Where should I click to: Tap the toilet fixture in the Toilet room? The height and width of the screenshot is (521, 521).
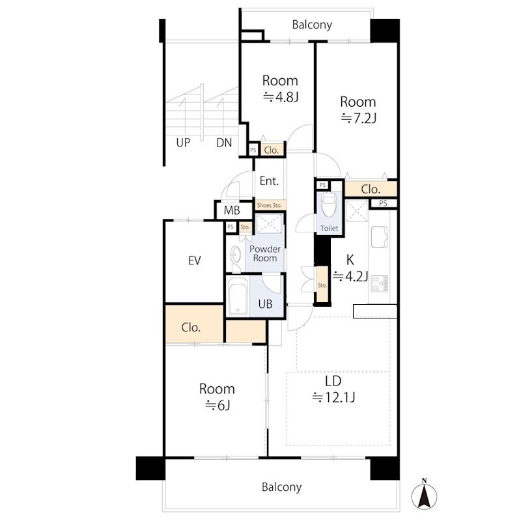pos(328,204)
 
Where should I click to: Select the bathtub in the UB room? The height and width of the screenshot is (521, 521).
pos(238,296)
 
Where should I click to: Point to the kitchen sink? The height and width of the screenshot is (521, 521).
pos(379,237)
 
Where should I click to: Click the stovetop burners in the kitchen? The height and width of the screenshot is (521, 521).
pos(380,283)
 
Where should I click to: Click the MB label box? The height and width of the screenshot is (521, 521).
pos(232,210)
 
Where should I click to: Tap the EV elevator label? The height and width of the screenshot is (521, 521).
pos(194,260)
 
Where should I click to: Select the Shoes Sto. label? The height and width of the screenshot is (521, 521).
pos(270,205)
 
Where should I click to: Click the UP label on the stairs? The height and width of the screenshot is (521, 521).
pos(183,143)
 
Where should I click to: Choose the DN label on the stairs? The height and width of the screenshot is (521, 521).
pos(224,143)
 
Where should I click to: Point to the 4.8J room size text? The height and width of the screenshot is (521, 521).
pos(281,97)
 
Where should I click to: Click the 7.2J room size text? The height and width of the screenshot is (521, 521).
pos(359,119)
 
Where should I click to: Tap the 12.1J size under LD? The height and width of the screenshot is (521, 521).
pos(334,397)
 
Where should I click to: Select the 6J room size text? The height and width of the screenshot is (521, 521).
pos(218,405)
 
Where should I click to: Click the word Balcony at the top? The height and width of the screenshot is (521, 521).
pos(312,25)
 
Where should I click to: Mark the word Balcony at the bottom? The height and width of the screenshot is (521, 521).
pos(281,487)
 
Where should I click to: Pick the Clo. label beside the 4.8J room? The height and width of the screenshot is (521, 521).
pos(271,150)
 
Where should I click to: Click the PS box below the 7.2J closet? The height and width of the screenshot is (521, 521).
pos(383,203)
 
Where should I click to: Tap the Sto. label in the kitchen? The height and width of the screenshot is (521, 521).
pos(322,285)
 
